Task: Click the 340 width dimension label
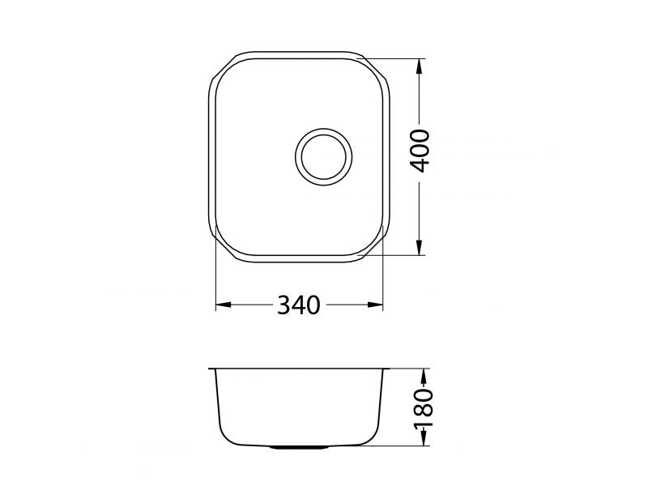(298, 305)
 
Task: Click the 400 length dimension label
(420, 151)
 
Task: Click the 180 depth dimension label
(424, 408)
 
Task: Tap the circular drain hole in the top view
(323, 156)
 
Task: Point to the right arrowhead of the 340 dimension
(375, 305)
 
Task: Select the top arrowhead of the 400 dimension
(420, 66)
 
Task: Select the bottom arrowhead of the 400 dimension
(420, 248)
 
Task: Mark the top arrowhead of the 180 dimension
(424, 376)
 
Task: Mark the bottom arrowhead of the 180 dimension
(424, 438)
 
